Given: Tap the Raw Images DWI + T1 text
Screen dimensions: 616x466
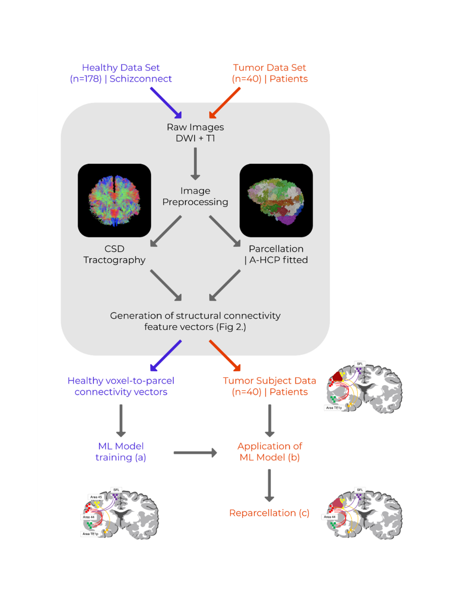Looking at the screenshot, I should point(195,132).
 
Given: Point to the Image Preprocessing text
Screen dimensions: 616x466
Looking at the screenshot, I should point(195,196).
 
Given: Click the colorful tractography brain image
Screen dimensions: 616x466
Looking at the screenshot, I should point(114,200).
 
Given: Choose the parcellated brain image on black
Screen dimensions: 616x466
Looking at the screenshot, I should point(276,200).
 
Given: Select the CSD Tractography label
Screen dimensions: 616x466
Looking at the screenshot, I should point(114,254).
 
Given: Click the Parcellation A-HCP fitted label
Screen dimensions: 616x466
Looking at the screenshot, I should point(276,254).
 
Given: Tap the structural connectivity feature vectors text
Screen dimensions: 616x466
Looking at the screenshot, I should point(195,321).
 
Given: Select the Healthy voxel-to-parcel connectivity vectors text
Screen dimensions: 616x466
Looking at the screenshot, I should point(121,386).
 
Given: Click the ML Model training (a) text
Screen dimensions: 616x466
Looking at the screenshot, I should point(121,451).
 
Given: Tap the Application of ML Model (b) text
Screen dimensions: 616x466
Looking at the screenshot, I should point(270,451).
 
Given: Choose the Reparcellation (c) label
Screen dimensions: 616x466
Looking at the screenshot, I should point(269,513).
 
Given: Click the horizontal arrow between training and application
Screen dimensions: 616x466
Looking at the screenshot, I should point(195,453).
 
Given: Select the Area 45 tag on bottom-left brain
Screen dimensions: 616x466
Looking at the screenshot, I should point(96,497).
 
